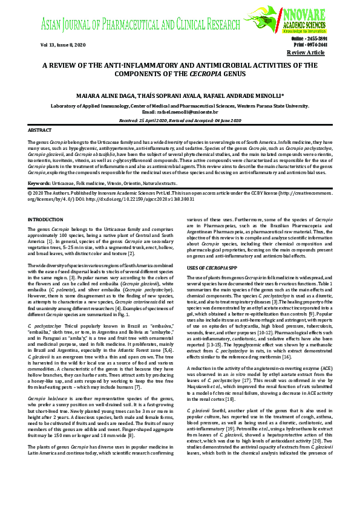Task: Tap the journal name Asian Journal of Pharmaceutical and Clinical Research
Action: point(148,25)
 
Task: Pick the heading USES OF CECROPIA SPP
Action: point(212,267)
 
